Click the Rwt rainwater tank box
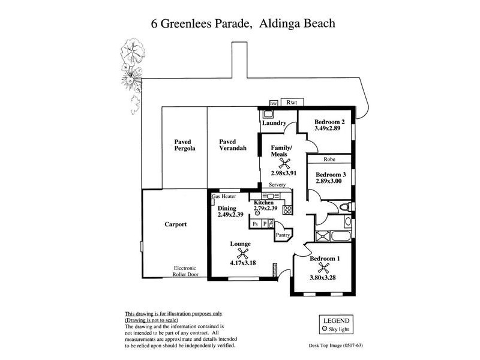[292, 103]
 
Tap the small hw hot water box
[273, 103]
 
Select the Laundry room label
[274, 123]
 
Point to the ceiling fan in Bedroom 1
[325, 268]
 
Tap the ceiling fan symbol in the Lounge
[240, 253]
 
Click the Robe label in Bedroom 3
[329, 160]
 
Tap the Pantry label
[283, 235]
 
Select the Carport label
[176, 224]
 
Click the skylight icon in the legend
[325, 329]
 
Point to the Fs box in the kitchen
[255, 223]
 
